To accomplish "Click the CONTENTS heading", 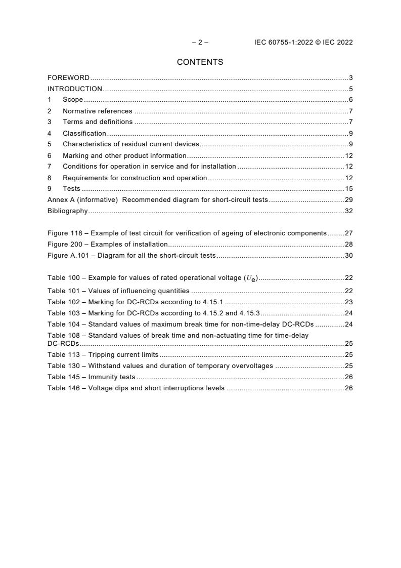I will pyautogui.click(x=200, y=62).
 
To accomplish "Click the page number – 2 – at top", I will pyautogui.click(x=200, y=43).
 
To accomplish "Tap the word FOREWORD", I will pyautogui.click(x=68, y=78).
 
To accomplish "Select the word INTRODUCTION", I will pyautogui.click(x=75, y=89).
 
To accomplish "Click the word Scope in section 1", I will pyautogui.click(x=73, y=100).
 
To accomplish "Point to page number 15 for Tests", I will pyautogui.click(x=348, y=189).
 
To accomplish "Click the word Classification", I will pyautogui.click(x=84, y=134).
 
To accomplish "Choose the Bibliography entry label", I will pyautogui.click(x=67, y=211).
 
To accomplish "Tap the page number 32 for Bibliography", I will pyautogui.click(x=348, y=211).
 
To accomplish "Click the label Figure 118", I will pyautogui.click(x=65, y=233).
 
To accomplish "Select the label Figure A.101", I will pyautogui.click(x=68, y=256).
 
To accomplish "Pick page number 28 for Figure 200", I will pyautogui.click(x=348, y=245).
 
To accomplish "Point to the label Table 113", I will pyautogui.click(x=64, y=355).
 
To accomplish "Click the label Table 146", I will pyautogui.click(x=64, y=388).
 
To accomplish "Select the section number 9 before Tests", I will pyautogui.click(x=50, y=189).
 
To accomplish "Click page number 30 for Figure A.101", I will pyautogui.click(x=348, y=256).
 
